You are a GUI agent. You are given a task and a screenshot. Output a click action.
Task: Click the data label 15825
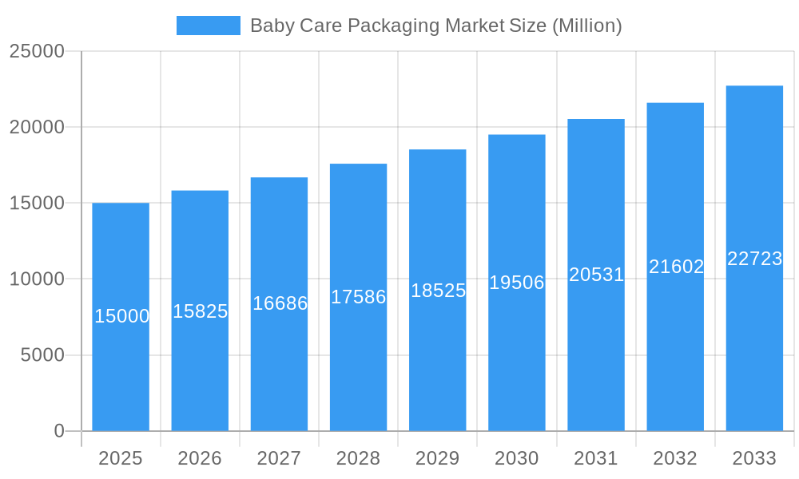201,311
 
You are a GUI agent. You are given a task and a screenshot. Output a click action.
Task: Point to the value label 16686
280,303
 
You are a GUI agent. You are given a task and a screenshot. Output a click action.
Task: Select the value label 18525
438,291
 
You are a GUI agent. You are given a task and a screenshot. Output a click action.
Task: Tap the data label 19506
517,283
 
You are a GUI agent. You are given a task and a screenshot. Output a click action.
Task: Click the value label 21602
676,267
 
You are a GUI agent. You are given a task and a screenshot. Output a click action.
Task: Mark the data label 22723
754,259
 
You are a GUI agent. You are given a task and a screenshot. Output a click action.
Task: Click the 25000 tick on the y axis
37,51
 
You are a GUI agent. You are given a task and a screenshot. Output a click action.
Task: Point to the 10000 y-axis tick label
37,279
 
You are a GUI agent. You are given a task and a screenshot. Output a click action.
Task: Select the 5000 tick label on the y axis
42,355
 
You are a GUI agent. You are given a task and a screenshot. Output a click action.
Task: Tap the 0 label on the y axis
59,431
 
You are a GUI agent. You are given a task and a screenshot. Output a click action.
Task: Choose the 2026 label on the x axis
200,458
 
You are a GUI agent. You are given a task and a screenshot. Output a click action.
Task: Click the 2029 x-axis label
437,458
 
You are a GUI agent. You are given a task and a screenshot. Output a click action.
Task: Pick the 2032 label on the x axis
675,458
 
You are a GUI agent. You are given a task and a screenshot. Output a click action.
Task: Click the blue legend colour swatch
209,26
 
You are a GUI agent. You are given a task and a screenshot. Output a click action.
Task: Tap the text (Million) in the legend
587,26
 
